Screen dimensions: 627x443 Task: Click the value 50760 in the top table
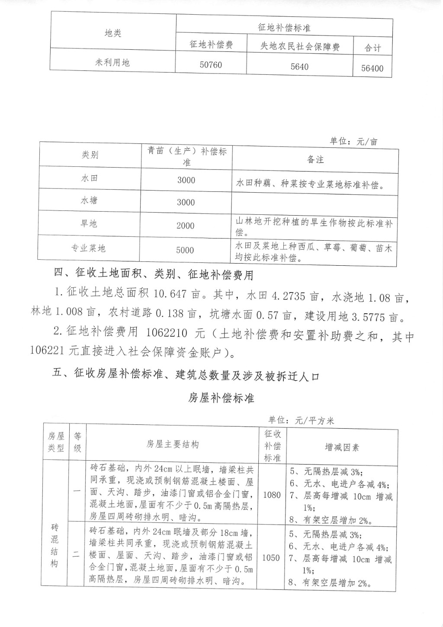point(211,65)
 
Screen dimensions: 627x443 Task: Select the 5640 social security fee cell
point(299,67)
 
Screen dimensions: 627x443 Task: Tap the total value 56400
point(372,68)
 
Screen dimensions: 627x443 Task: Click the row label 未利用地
point(112,63)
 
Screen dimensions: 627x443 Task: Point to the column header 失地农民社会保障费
point(299,47)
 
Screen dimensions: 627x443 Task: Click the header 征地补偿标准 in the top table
point(284,28)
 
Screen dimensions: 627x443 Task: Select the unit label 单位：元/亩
point(353,141)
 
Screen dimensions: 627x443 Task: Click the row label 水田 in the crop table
point(90,178)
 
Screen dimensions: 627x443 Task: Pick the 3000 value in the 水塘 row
point(186,202)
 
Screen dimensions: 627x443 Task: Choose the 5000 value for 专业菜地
point(185,250)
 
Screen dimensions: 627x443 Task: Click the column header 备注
point(315,159)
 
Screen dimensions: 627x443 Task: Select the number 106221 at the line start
point(48,351)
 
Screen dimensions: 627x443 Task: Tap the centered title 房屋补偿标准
point(221,398)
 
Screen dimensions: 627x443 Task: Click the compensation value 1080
point(272,495)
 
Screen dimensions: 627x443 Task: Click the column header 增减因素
point(342,447)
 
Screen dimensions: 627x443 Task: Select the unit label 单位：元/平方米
point(301,420)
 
